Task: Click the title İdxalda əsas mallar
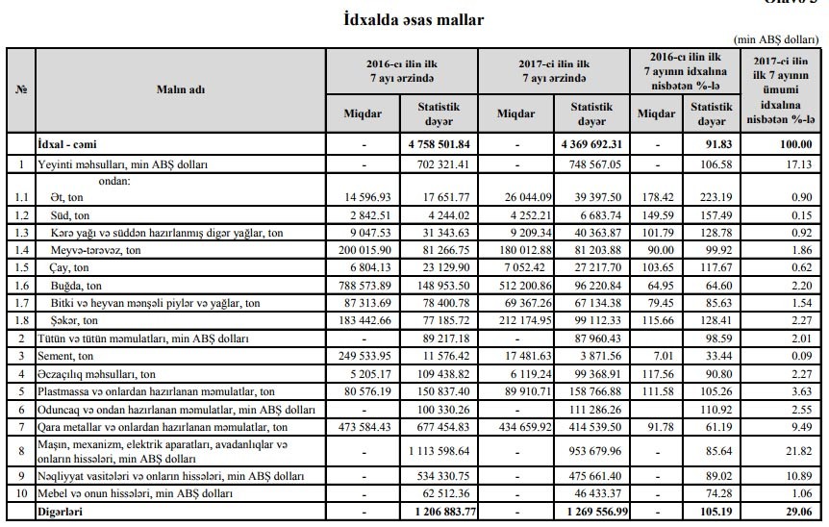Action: tap(414, 18)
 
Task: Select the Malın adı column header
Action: tap(181, 88)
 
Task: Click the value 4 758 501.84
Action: tap(438, 144)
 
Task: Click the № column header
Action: tap(20, 88)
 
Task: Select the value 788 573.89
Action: tap(364, 286)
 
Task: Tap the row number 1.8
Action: tap(20, 320)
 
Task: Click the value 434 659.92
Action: tap(517, 426)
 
